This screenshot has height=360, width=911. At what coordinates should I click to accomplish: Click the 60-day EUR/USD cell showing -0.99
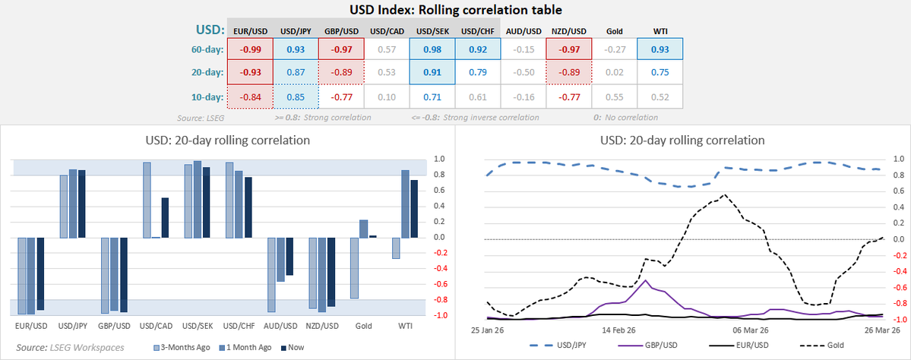coord(251,50)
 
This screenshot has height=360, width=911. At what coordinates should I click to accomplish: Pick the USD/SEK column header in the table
coord(432,30)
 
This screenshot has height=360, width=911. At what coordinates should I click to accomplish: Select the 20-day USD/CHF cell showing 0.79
coord(477,73)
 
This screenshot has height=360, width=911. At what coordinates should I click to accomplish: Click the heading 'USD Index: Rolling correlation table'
coord(455,10)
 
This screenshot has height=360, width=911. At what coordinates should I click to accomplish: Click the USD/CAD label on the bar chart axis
coord(156,327)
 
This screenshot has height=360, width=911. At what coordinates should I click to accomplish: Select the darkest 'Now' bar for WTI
coord(414,209)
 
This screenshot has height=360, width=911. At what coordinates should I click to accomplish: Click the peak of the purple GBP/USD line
coord(645,281)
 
